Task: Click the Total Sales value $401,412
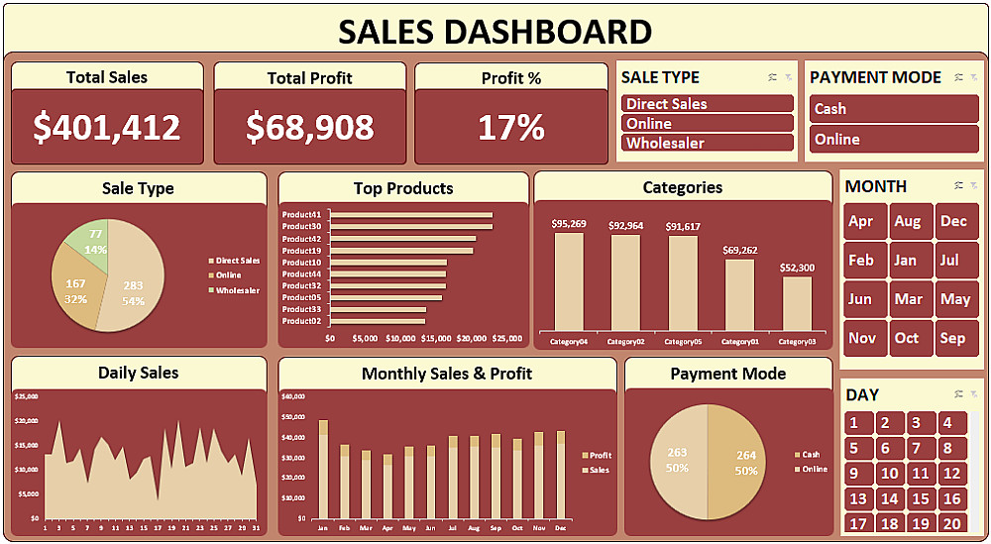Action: coord(107,127)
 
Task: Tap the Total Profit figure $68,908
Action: coord(310,127)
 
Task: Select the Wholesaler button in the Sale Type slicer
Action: coord(708,144)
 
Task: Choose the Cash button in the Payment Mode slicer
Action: coord(894,109)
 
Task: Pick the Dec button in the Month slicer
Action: coord(953,221)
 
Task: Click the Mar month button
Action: coord(909,299)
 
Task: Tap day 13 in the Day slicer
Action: coord(858,499)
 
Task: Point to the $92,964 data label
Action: coord(625,226)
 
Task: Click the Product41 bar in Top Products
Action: coord(411,215)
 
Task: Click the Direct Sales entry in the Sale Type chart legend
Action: coord(237,261)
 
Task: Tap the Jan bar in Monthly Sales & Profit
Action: coord(323,470)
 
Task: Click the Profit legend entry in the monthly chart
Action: coord(601,456)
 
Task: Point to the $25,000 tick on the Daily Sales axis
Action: coord(27,396)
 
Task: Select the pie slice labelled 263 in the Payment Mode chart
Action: coord(678,461)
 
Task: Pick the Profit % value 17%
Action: coord(511,127)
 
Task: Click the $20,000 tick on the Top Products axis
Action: coord(473,338)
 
